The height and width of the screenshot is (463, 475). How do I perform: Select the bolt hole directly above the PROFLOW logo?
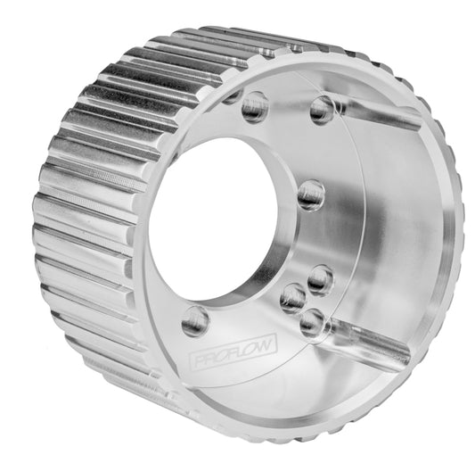195,318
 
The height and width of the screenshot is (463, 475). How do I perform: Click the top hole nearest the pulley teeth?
254,106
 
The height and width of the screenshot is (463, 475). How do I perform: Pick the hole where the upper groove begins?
323,110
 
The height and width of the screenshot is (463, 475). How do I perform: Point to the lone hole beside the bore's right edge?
310,194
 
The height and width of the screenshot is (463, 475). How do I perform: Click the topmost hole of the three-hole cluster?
320,280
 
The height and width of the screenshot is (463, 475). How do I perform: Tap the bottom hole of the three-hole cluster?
312,323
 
